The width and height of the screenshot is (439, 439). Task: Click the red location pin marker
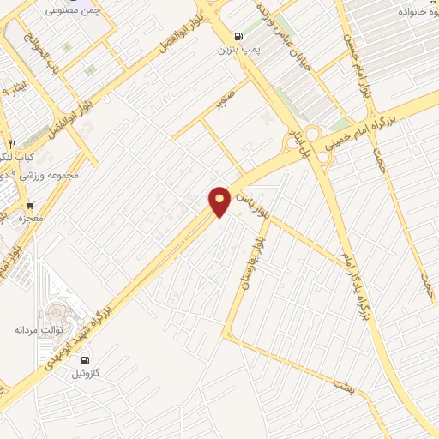(x=220, y=200)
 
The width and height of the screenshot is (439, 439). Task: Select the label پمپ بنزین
(x=238, y=51)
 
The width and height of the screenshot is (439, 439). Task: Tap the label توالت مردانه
(x=35, y=329)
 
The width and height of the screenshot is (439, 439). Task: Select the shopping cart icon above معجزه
(x=31, y=207)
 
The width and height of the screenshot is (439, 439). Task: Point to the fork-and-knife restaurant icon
(x=12, y=144)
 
